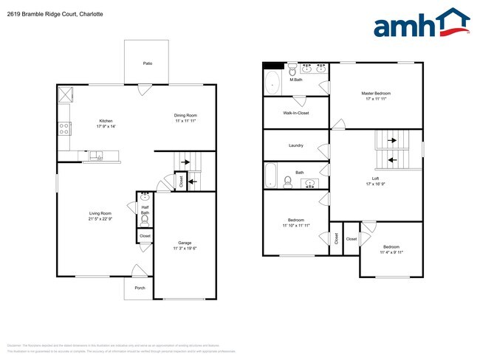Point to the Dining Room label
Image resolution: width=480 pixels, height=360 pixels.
(185, 115)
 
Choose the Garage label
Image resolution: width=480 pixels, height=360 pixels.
(185, 243)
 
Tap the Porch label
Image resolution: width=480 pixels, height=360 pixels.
(139, 288)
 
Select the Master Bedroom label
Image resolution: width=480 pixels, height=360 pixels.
(375, 94)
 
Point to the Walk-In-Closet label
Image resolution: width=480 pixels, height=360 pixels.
(295, 113)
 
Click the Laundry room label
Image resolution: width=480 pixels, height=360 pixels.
(295, 145)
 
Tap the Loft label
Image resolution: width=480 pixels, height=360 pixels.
(376, 179)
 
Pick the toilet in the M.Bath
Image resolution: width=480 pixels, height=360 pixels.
(292, 71)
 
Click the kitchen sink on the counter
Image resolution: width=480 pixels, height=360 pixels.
(97, 155)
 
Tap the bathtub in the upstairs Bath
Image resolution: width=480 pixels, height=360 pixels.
(271, 176)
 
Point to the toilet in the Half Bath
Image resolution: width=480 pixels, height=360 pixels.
(145, 220)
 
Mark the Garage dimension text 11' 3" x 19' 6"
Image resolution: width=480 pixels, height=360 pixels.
(185, 249)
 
